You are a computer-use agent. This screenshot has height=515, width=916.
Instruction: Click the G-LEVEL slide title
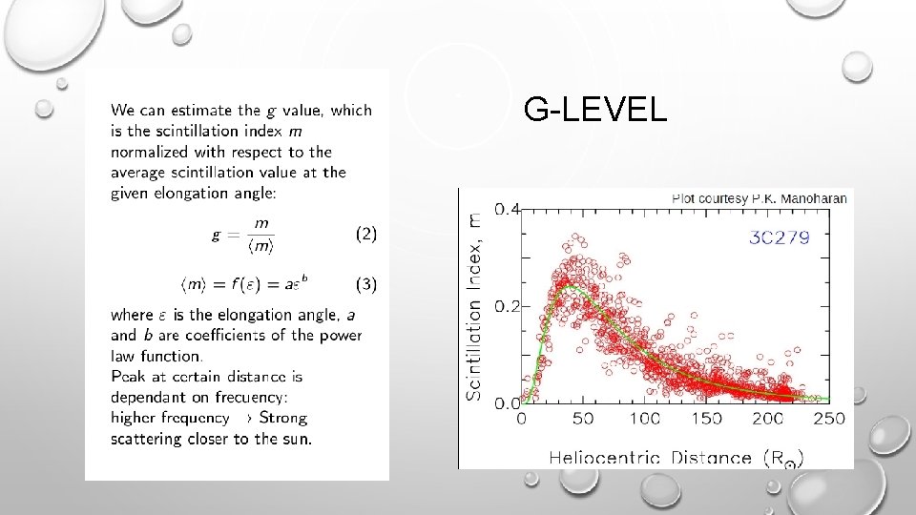click(595, 112)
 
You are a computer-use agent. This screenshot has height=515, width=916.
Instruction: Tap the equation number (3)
click(365, 283)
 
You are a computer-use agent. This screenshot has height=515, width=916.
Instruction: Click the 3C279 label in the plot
click(778, 237)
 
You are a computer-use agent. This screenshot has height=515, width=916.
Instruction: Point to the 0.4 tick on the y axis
click(506, 208)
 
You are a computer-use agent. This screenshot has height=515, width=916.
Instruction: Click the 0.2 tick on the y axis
click(506, 305)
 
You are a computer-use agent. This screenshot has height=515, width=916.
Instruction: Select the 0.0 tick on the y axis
click(506, 403)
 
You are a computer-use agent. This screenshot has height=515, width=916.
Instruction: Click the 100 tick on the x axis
click(644, 420)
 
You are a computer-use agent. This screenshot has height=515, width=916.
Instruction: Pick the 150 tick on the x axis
click(706, 420)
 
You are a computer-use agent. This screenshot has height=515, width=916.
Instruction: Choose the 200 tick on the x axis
click(768, 420)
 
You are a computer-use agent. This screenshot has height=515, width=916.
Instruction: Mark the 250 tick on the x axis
click(828, 420)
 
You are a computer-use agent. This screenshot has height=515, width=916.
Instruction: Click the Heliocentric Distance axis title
click(676, 458)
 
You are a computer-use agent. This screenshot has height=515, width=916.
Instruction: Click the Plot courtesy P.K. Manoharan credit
click(760, 198)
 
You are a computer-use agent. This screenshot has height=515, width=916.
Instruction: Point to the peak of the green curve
click(568, 285)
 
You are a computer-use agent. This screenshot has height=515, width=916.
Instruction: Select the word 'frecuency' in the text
click(247, 397)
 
